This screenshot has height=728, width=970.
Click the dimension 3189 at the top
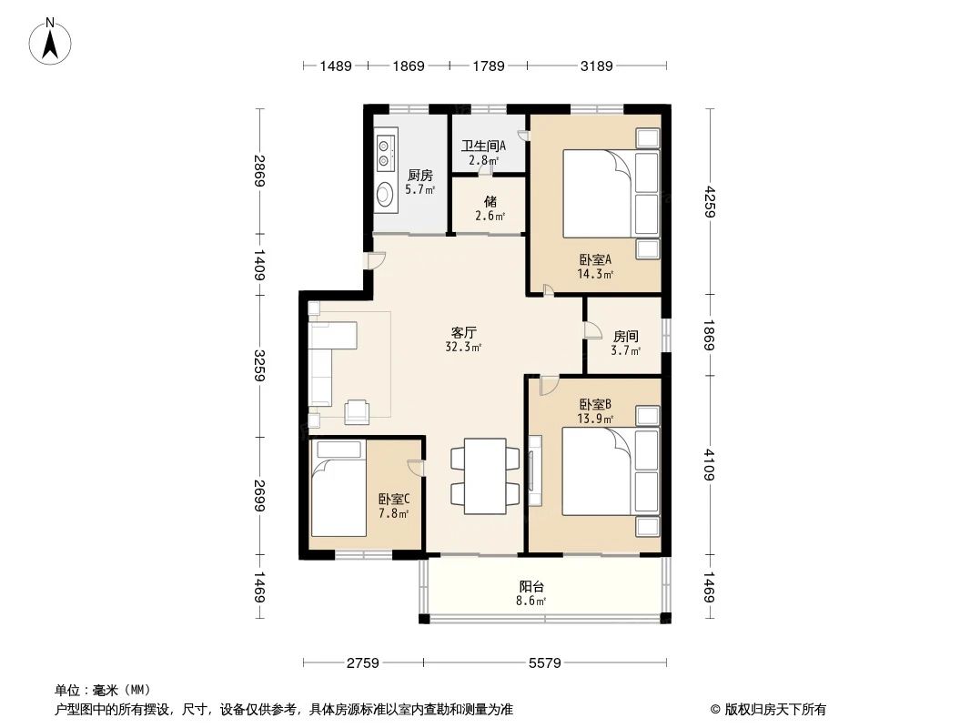pos(597,66)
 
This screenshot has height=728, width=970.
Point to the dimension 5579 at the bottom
pos(544,662)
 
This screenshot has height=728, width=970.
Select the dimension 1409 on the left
pos(260,265)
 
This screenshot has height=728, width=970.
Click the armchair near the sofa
pos(358,411)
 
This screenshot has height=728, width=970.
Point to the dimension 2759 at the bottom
pos(363,662)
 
